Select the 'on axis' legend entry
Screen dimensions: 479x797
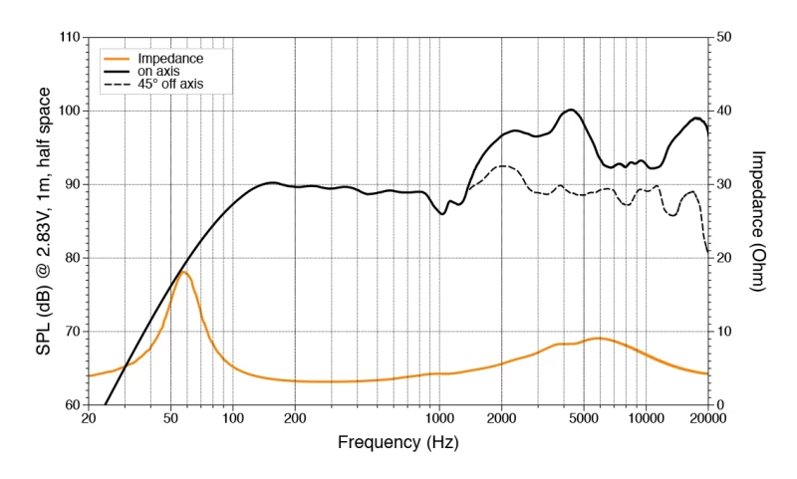click(158, 72)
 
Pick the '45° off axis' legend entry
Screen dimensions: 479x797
click(170, 85)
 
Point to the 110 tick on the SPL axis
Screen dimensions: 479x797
click(69, 37)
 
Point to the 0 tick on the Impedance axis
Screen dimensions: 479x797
click(720, 404)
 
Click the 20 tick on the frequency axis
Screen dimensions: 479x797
click(88, 419)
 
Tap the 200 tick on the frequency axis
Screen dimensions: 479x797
click(295, 419)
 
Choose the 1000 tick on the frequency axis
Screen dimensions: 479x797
click(439, 419)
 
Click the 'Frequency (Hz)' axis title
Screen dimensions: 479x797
click(398, 442)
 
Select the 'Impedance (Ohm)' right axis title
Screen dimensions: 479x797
click(758, 221)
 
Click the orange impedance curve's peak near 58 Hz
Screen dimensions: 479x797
click(183, 272)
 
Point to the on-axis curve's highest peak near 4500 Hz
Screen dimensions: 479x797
click(572, 110)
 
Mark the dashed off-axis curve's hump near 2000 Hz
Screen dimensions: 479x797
click(503, 166)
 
